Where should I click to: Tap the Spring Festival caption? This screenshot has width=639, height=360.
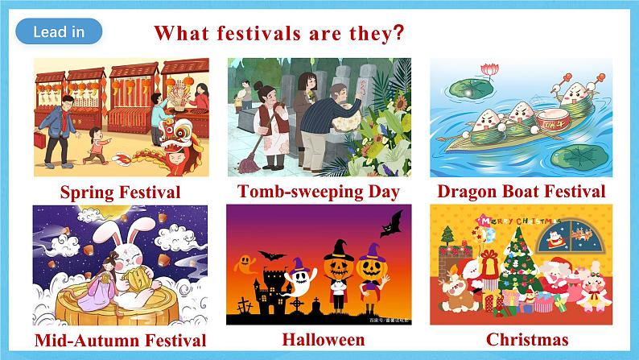(x=120, y=192)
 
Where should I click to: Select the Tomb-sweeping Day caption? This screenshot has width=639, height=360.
(x=319, y=191)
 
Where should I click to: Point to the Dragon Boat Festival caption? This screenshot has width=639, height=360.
(x=521, y=191)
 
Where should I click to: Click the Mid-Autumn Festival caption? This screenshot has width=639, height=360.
(x=120, y=340)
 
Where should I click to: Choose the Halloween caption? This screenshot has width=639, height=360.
(x=323, y=339)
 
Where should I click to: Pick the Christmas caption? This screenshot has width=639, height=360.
(x=522, y=339)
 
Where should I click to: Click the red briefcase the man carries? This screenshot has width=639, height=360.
(x=39, y=139)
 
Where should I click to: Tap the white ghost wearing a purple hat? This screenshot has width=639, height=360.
(x=302, y=278)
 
